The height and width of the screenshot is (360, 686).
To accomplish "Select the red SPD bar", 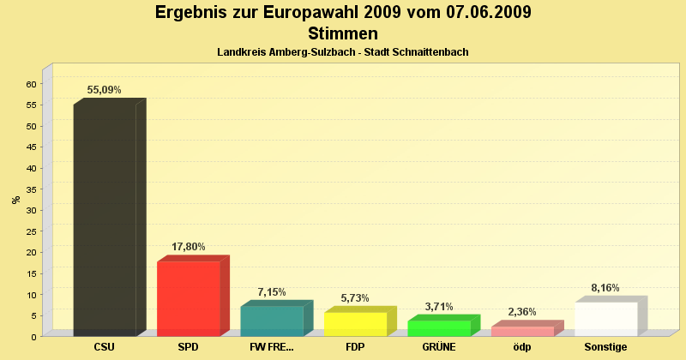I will click(x=188, y=298).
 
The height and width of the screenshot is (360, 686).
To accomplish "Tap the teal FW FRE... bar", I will click(x=272, y=321).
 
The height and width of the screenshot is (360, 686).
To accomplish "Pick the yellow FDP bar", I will click(x=355, y=324).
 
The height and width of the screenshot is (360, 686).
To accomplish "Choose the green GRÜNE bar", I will click(x=439, y=328).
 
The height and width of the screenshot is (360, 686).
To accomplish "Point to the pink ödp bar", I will click(x=522, y=331).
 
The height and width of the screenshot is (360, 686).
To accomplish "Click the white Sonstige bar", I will click(x=606, y=319).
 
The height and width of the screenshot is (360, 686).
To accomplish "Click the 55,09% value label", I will click(x=104, y=90).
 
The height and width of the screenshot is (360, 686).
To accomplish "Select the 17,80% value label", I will click(x=189, y=247).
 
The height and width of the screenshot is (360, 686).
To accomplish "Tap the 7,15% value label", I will click(x=272, y=292).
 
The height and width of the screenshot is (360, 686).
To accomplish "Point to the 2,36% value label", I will click(x=522, y=312).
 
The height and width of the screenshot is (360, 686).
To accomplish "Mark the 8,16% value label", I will click(x=605, y=288).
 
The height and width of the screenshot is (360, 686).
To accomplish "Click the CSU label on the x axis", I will click(x=105, y=347).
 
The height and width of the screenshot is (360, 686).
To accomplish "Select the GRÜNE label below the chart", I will click(x=439, y=347).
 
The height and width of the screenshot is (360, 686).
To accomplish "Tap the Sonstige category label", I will click(x=606, y=347).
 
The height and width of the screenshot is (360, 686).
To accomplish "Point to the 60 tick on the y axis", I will click(x=31, y=84).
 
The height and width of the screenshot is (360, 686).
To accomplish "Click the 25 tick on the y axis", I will click(x=31, y=231).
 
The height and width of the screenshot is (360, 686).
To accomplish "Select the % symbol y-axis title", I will click(x=15, y=200).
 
